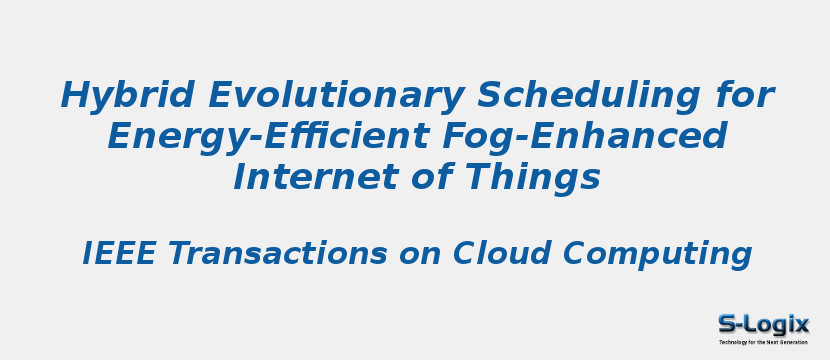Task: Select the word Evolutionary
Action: pos(334,97)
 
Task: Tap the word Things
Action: pos(536,178)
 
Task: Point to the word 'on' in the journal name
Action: pos(421,254)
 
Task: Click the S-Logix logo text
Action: pos(763,324)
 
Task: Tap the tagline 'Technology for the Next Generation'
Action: pos(763,342)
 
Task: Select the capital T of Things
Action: pos(482,177)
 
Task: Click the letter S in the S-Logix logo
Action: pos(728,324)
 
